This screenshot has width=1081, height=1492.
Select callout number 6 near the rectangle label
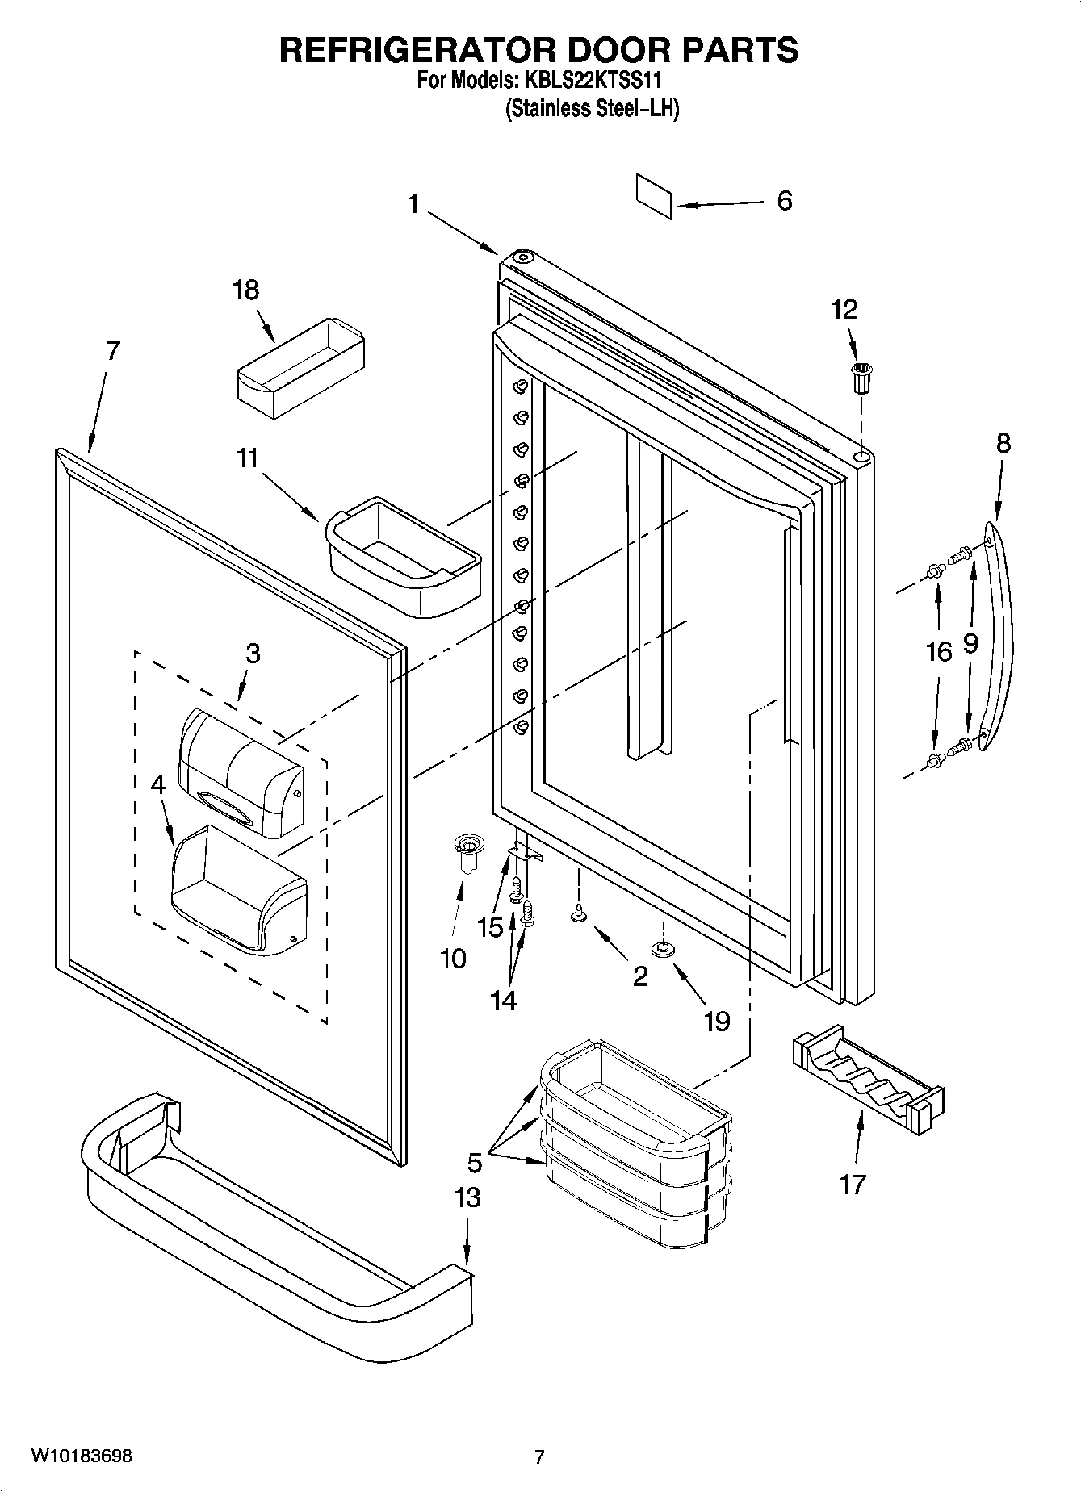(784, 201)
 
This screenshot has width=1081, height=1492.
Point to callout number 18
(245, 290)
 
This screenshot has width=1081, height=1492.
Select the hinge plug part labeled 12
(862, 377)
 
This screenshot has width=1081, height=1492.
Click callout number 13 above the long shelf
(467, 1197)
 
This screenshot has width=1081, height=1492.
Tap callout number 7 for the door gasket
(112, 351)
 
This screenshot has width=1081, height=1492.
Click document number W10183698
(82, 1456)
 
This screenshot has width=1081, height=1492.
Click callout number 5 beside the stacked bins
(474, 1163)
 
